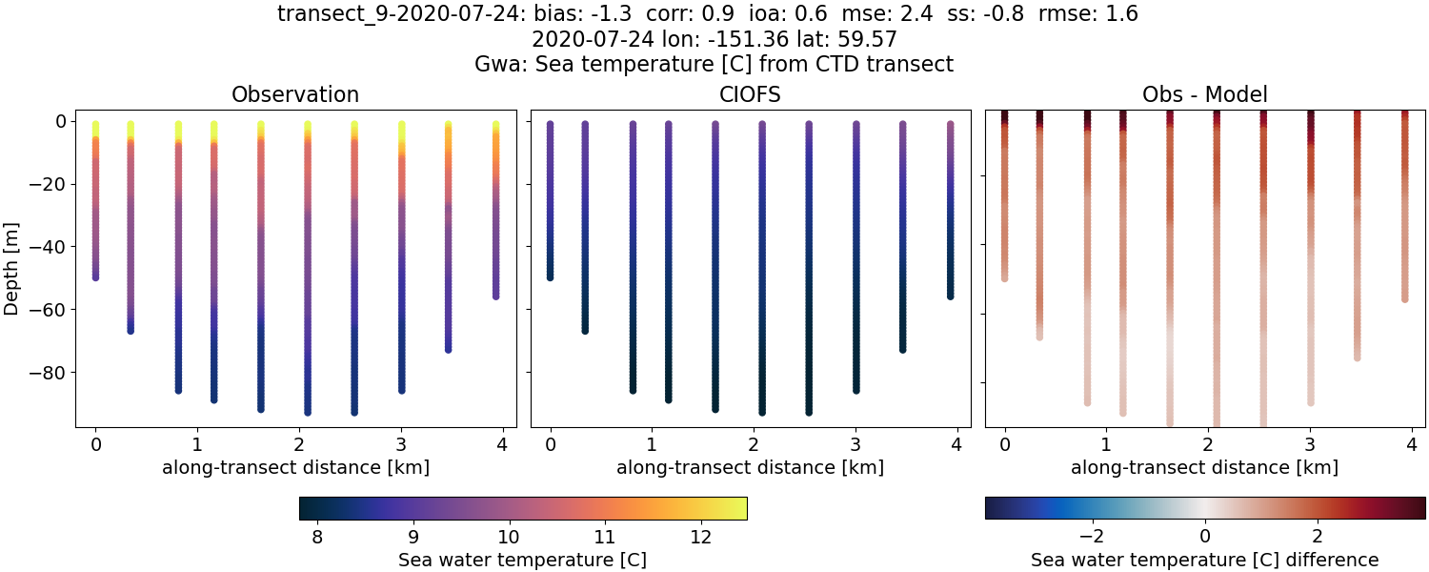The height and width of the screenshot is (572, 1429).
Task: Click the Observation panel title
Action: pyautogui.click(x=295, y=94)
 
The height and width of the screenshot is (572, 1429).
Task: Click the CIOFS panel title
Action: pyautogui.click(x=751, y=94)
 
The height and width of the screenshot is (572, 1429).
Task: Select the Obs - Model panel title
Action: pyautogui.click(x=1205, y=94)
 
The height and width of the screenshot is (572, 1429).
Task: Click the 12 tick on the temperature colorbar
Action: pyautogui.click(x=700, y=538)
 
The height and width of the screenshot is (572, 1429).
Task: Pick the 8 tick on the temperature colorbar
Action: pyautogui.click(x=316, y=538)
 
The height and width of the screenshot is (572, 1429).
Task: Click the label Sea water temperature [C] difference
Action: pyautogui.click(x=1205, y=560)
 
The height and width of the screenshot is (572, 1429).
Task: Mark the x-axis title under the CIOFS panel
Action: pyautogui.click(x=751, y=467)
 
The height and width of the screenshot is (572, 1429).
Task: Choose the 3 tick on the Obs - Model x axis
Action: pyautogui.click(x=1310, y=443)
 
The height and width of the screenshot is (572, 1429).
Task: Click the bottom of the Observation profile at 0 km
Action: pyautogui.click(x=95, y=276)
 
